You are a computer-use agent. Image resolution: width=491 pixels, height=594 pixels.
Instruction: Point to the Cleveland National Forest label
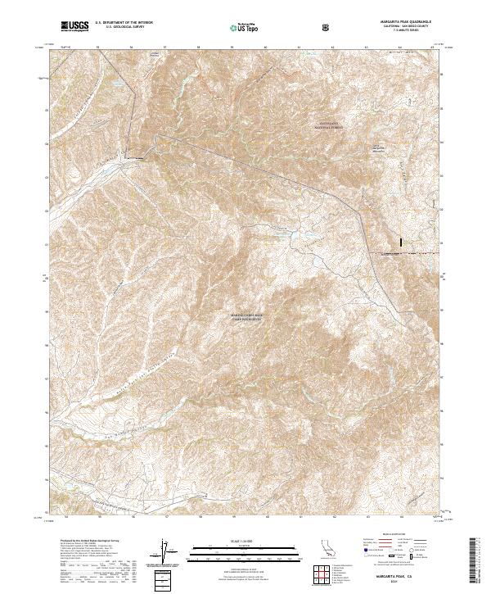[x=333, y=125]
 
